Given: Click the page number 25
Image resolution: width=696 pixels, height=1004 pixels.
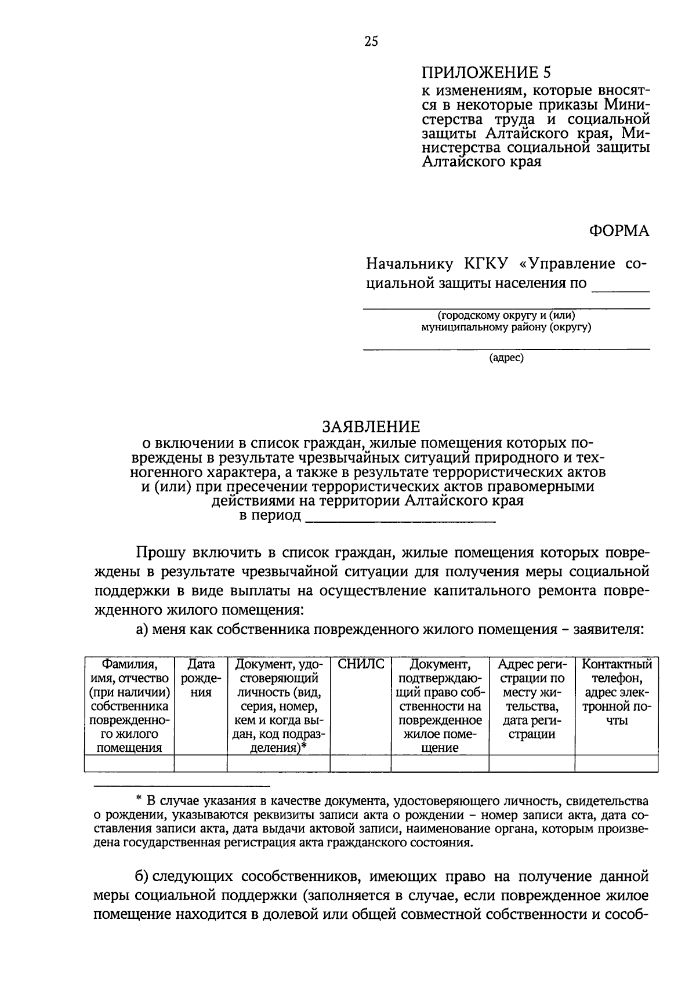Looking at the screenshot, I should [x=371, y=41].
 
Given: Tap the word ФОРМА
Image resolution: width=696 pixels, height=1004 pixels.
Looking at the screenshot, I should [x=619, y=231].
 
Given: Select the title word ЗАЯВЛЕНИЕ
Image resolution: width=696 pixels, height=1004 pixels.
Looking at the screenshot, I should [x=371, y=427].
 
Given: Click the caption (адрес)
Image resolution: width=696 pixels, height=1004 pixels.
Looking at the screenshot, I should [x=506, y=358].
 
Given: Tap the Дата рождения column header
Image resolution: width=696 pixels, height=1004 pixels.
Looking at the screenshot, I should [x=201, y=678].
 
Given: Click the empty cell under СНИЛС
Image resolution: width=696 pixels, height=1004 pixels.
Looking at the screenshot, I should [x=361, y=763].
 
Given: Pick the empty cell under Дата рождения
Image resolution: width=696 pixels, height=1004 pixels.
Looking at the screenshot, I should [x=201, y=763].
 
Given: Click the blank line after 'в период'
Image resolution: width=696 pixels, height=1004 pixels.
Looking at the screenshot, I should [x=400, y=517].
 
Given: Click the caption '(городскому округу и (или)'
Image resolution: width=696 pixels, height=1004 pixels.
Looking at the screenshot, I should [x=506, y=316].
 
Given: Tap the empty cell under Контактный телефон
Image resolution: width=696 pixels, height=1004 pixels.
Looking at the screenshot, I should [x=617, y=763].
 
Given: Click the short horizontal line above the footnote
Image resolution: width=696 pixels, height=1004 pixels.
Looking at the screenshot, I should [x=183, y=786].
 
